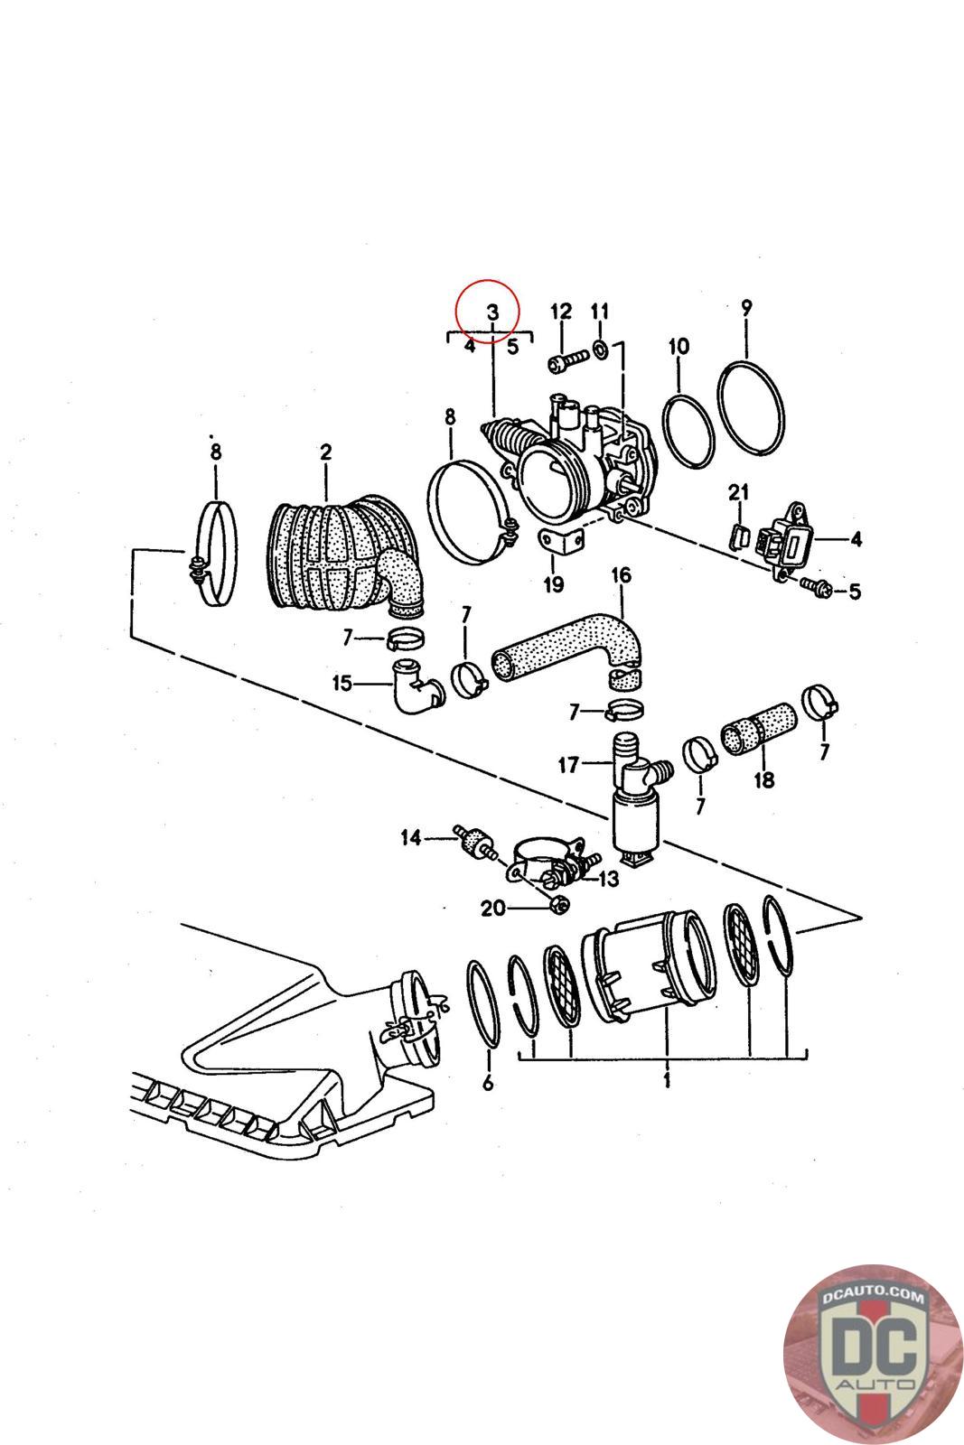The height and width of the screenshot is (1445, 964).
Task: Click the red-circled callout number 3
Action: [x=491, y=312]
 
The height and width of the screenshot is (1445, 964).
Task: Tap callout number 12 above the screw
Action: [x=561, y=312]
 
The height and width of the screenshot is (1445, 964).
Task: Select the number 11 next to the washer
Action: [x=600, y=312]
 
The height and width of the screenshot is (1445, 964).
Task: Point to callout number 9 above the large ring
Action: [x=746, y=307]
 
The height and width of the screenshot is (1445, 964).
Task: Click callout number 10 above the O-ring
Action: [x=679, y=346]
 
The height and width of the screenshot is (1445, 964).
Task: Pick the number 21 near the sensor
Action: [x=739, y=492]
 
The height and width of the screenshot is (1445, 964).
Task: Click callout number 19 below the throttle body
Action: [x=553, y=584]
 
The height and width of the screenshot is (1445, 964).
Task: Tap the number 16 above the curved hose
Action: [x=622, y=575]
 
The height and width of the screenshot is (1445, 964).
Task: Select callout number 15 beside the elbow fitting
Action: [x=342, y=683]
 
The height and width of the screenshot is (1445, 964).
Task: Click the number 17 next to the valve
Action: [x=567, y=765]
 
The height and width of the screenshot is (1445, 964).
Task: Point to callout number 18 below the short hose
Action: [x=763, y=778]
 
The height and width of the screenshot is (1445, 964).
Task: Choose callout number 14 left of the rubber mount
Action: [x=411, y=839]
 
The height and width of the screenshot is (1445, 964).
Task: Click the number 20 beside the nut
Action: [x=492, y=909]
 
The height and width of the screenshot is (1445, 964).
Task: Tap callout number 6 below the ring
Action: [x=488, y=1083]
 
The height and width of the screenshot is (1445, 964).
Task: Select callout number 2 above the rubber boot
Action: [x=325, y=452]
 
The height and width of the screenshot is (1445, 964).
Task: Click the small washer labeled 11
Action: [x=600, y=348]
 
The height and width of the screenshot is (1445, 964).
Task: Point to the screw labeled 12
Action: [x=561, y=363]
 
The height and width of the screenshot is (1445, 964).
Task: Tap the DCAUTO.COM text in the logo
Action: [x=873, y=1297]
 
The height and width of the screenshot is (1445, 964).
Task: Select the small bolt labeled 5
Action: [x=810, y=587]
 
